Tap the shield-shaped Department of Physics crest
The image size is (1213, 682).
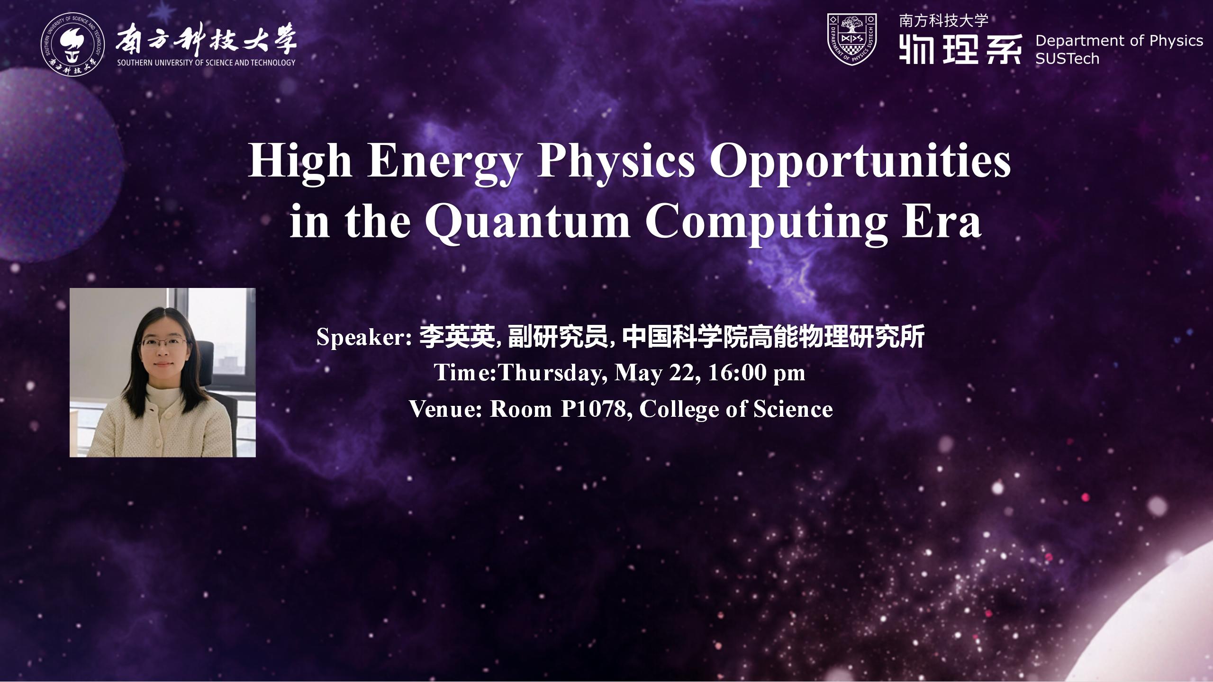pyautogui.click(x=851, y=39)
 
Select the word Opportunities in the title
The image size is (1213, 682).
pyautogui.click(x=860, y=162)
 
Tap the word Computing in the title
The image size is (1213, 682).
pyautogui.click(x=765, y=223)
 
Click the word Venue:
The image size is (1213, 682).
pyautogui.click(x=445, y=409)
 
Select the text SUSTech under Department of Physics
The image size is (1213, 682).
pyautogui.click(x=1067, y=59)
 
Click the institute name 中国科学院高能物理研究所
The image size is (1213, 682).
pyautogui.click(x=773, y=338)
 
